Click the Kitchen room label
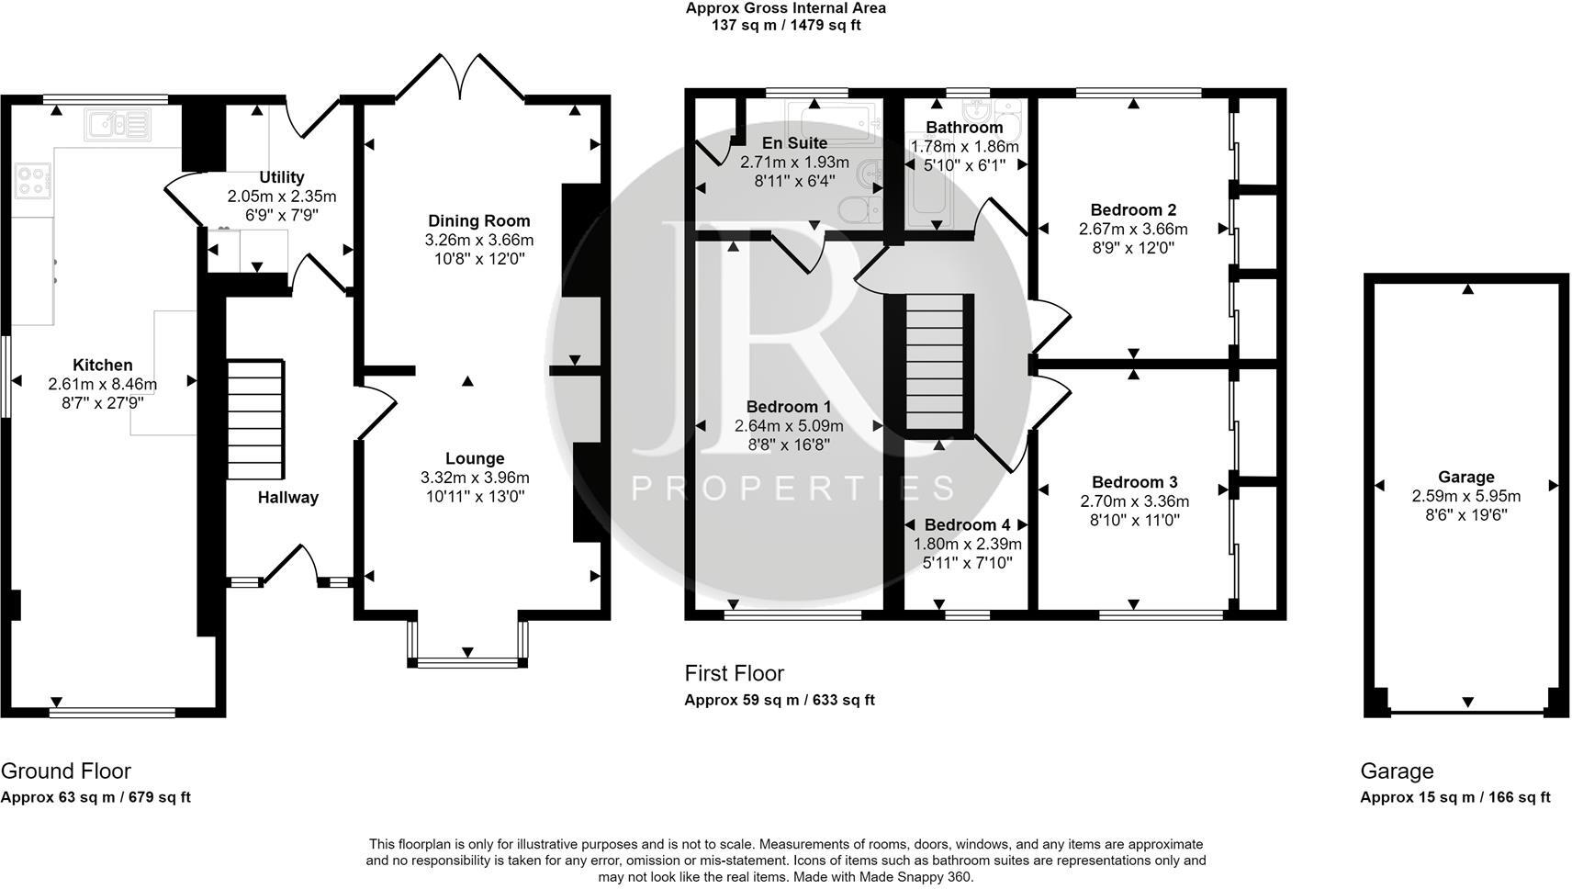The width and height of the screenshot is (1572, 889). tap(103, 365)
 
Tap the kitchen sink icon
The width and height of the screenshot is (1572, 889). tap(118, 125)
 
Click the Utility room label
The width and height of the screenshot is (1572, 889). tap(282, 177)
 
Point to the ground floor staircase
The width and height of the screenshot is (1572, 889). tap(255, 419)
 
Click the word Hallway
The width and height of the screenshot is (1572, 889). tap(287, 498)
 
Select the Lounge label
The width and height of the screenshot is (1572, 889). tap(475, 458)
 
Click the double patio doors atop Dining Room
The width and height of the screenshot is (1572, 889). tap(461, 78)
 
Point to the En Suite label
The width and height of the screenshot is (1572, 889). tap(794, 142)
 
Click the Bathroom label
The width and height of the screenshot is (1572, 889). tap(964, 128)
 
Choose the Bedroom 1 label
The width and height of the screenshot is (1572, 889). tap(789, 407)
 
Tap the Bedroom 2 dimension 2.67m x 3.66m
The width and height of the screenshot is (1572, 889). tap(1133, 229)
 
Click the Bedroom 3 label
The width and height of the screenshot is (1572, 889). tap(1135, 482)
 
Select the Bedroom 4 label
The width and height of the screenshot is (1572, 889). tap(967, 524)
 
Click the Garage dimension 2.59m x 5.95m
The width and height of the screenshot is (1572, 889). tap(1466, 496)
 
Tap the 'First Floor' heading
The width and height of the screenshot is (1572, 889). tap(734, 673)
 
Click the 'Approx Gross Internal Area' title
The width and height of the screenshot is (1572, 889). tap(785, 8)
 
